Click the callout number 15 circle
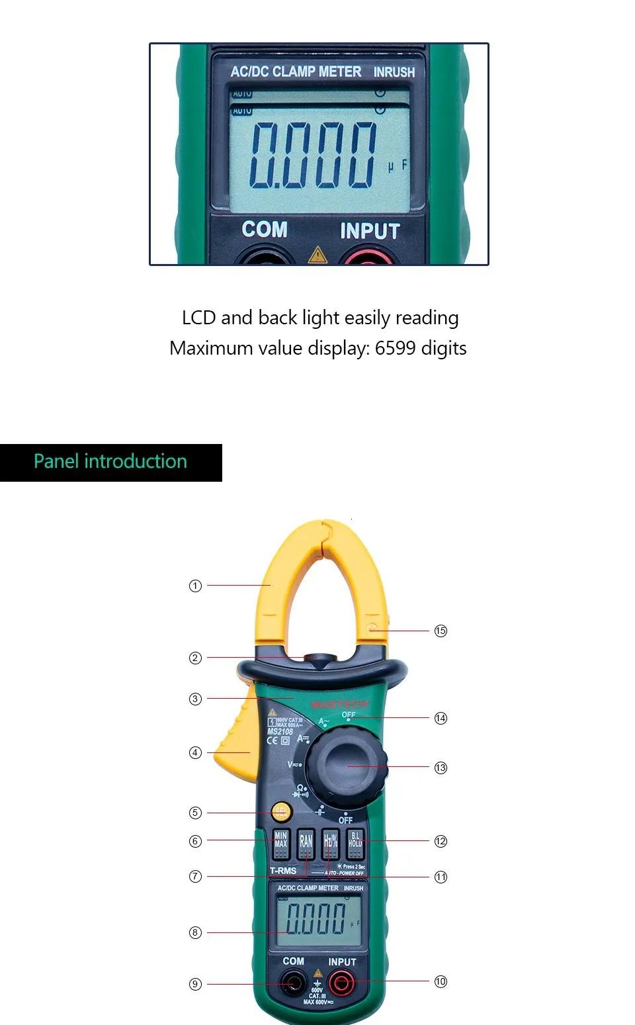(x=441, y=631)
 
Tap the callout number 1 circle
(x=195, y=586)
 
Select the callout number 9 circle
(x=195, y=984)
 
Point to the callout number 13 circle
(x=441, y=768)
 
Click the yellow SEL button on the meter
(x=281, y=812)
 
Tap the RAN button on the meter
(x=306, y=843)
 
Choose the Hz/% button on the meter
(x=330, y=843)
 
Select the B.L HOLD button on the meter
(x=355, y=842)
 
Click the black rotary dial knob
(x=347, y=766)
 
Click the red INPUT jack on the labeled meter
(x=342, y=983)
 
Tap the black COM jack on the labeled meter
(x=292, y=983)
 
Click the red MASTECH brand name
(x=339, y=703)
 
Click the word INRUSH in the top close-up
(x=394, y=72)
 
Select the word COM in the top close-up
(x=265, y=229)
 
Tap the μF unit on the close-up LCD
(x=398, y=165)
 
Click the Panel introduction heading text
(x=110, y=461)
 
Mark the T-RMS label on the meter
(x=283, y=870)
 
